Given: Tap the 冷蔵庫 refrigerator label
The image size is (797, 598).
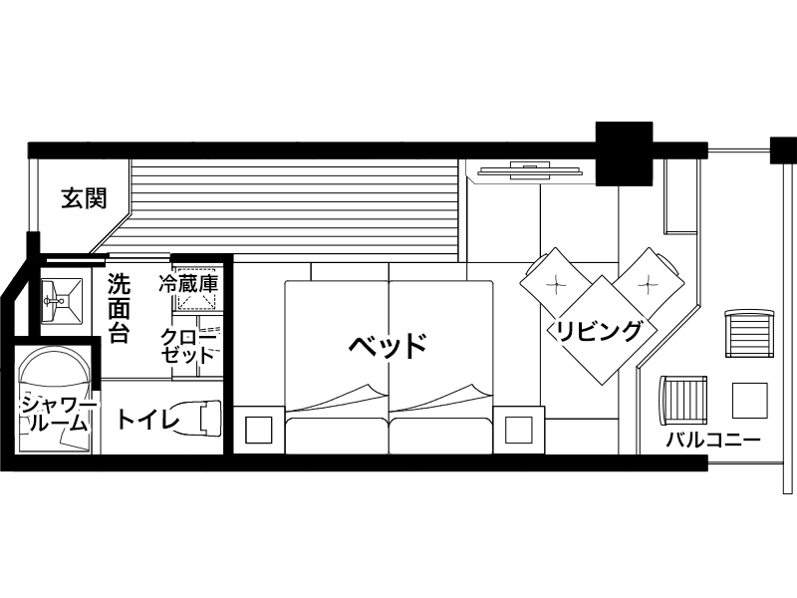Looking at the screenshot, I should pos(187,284).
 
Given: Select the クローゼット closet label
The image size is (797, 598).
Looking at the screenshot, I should pos(186,345).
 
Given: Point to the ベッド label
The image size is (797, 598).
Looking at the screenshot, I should pos(388,346).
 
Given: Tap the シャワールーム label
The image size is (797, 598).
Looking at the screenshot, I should pos(56,412).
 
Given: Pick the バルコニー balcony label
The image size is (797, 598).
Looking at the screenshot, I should pos(713,440).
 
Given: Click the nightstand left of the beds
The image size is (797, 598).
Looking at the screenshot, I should pos(258,430).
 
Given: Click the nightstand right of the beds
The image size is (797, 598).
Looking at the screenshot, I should pos(519,430).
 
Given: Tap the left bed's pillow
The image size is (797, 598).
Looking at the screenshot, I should pos(336,436).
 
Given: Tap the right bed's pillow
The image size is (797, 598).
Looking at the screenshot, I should pos(440,436).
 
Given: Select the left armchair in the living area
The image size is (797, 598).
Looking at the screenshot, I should pos(555,282).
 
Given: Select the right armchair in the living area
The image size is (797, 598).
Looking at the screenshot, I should pos(649,282).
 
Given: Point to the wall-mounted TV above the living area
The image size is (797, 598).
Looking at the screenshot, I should pos(527,170).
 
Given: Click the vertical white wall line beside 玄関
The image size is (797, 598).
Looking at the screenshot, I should pos(33,194).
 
